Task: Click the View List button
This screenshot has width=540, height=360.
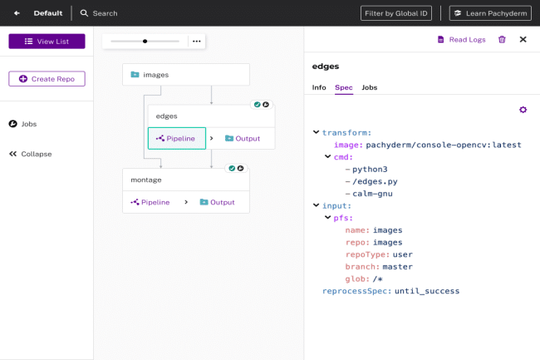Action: point(47,42)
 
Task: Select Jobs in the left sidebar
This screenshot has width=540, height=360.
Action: point(22,124)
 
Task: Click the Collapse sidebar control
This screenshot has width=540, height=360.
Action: point(30,154)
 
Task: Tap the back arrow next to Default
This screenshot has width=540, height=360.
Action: point(17,13)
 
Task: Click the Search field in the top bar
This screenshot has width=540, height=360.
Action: point(99,13)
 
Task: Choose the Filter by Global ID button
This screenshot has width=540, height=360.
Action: point(396,13)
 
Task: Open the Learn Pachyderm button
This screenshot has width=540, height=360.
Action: point(490,13)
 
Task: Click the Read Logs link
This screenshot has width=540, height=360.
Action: point(461,40)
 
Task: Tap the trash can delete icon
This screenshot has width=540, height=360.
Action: point(502,40)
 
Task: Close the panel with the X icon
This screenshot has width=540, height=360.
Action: point(523,40)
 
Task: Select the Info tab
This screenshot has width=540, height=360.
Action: point(319,87)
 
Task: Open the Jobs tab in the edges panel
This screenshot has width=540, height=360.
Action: point(370,87)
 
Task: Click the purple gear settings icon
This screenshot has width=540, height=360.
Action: point(523,110)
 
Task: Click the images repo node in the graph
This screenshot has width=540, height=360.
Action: point(186,75)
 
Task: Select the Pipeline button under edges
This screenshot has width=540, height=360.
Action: point(177,139)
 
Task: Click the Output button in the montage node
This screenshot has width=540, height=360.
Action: point(218,202)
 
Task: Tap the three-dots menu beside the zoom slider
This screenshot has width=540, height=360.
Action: point(197,42)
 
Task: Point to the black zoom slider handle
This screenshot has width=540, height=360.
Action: point(145,42)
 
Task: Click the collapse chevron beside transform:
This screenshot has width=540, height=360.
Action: point(317,132)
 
